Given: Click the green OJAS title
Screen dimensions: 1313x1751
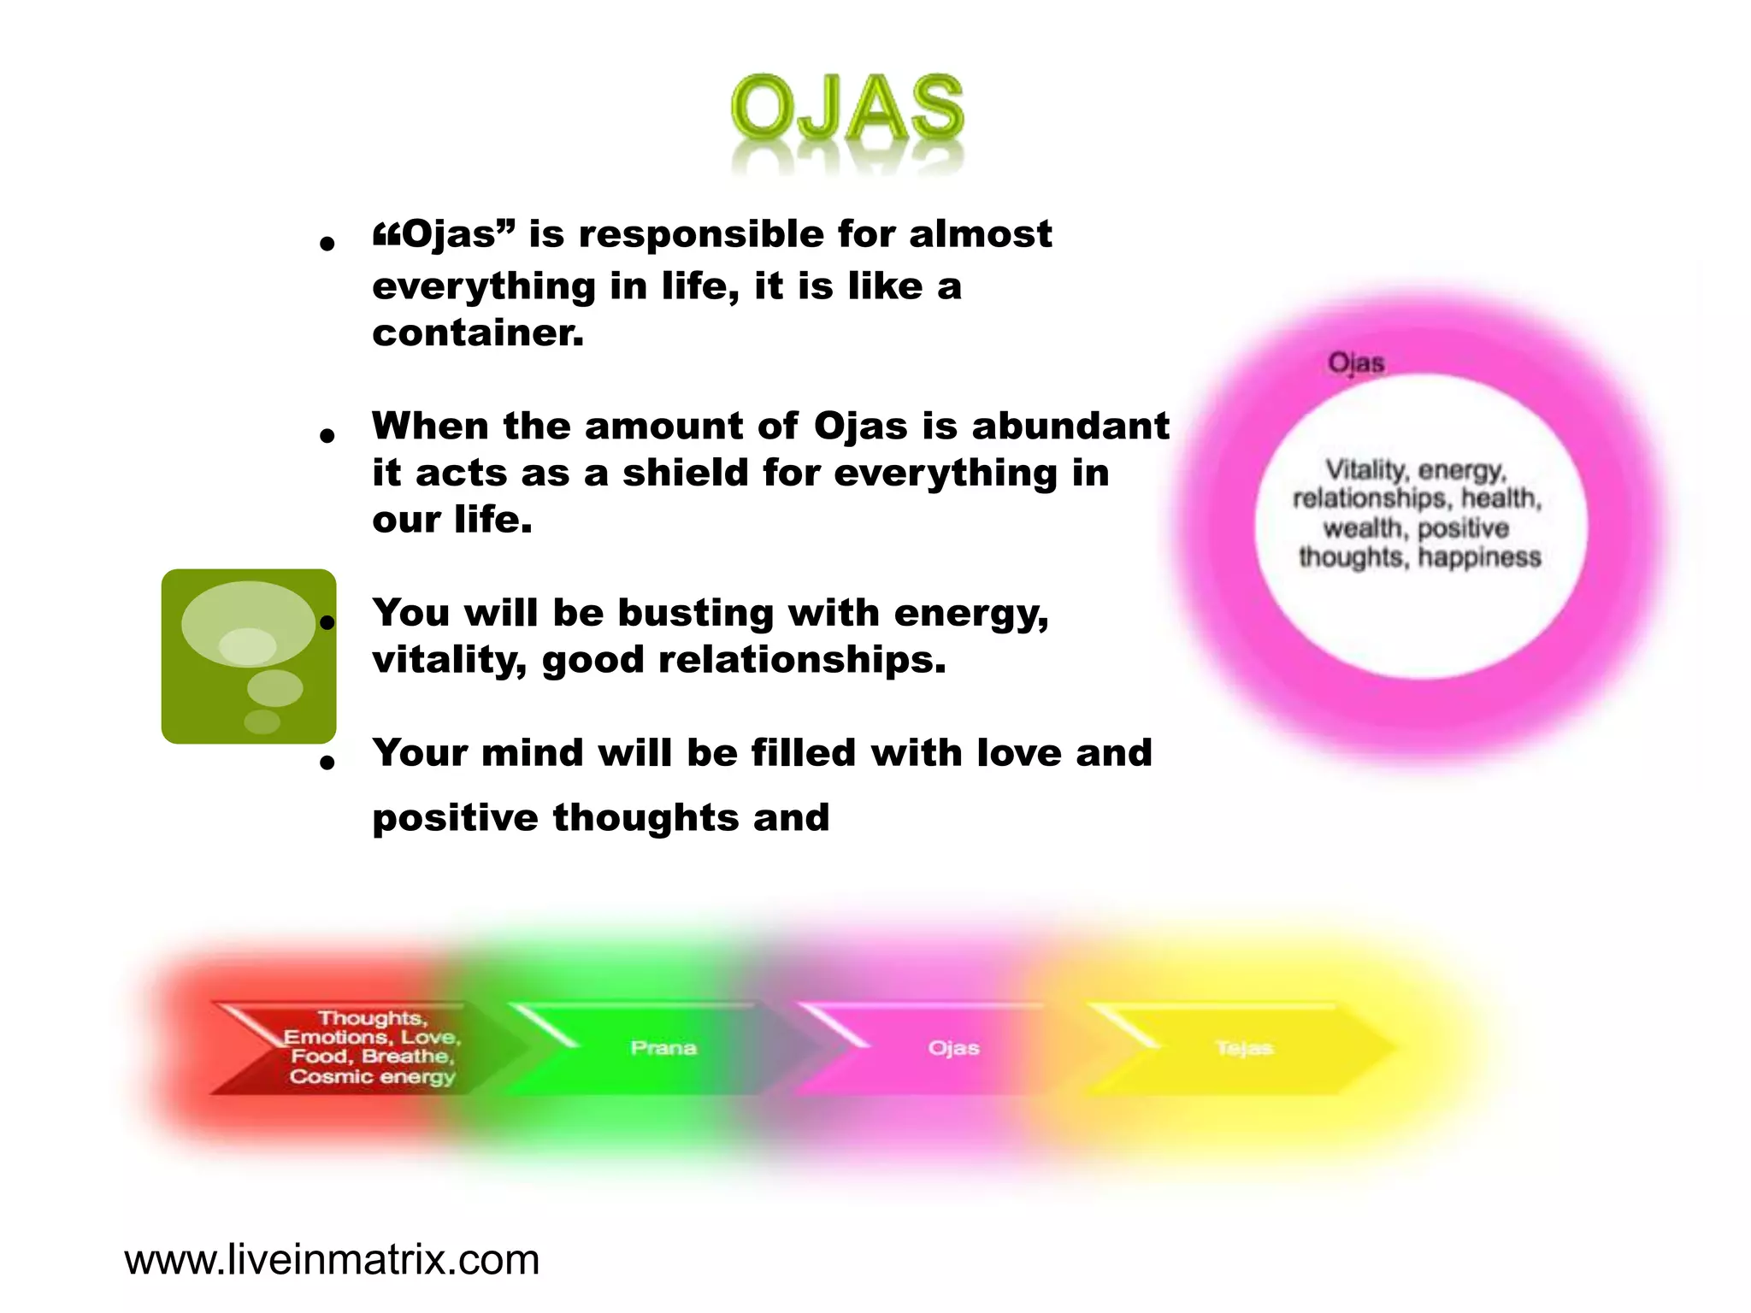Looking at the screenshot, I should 847,109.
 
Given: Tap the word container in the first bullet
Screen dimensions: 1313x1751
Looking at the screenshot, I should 477,333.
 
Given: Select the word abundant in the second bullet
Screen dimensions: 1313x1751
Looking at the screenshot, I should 1070,426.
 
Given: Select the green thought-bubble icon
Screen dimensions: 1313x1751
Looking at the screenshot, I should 248,656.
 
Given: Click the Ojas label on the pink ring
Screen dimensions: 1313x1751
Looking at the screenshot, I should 1356,363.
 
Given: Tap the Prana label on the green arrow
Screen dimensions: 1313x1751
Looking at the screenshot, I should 663,1048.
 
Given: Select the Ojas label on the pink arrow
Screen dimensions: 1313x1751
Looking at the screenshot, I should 953,1048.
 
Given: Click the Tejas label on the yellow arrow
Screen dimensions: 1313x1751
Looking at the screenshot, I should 1244,1048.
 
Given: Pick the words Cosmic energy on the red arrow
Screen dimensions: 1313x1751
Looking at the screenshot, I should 372,1076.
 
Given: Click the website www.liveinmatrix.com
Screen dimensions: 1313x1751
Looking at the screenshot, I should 332,1260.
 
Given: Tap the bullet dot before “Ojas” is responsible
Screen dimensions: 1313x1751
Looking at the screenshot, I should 326,244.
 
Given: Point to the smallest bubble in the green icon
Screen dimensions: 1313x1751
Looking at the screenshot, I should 262,721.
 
